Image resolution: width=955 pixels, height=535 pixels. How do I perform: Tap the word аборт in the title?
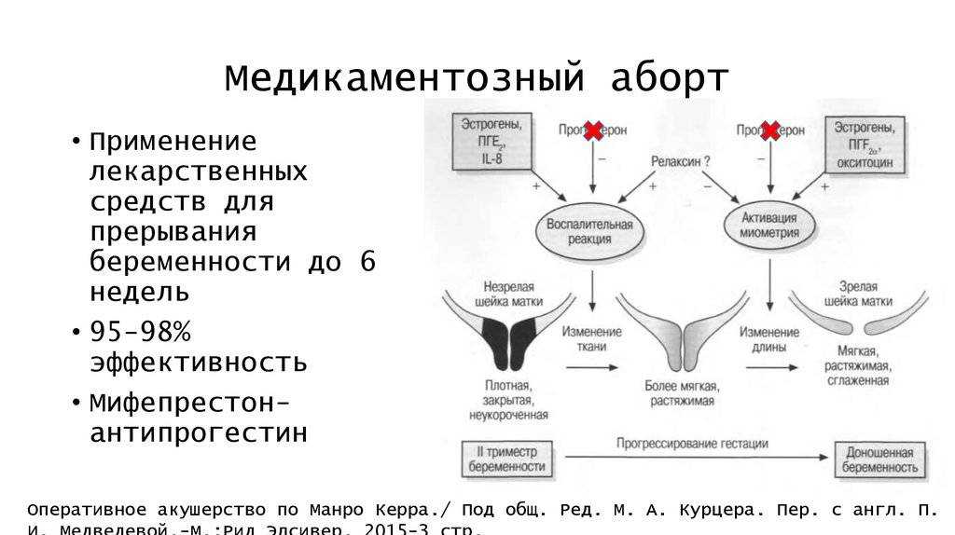669,78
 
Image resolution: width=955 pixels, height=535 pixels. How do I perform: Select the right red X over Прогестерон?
769,130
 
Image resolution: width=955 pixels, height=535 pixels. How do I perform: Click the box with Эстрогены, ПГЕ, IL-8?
492,142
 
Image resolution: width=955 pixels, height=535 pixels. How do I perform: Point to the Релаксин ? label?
681,161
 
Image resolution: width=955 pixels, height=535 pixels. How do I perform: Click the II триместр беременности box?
505,458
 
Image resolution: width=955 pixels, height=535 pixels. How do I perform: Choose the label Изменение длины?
769,339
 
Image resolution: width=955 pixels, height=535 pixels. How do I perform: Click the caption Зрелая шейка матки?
856,294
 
